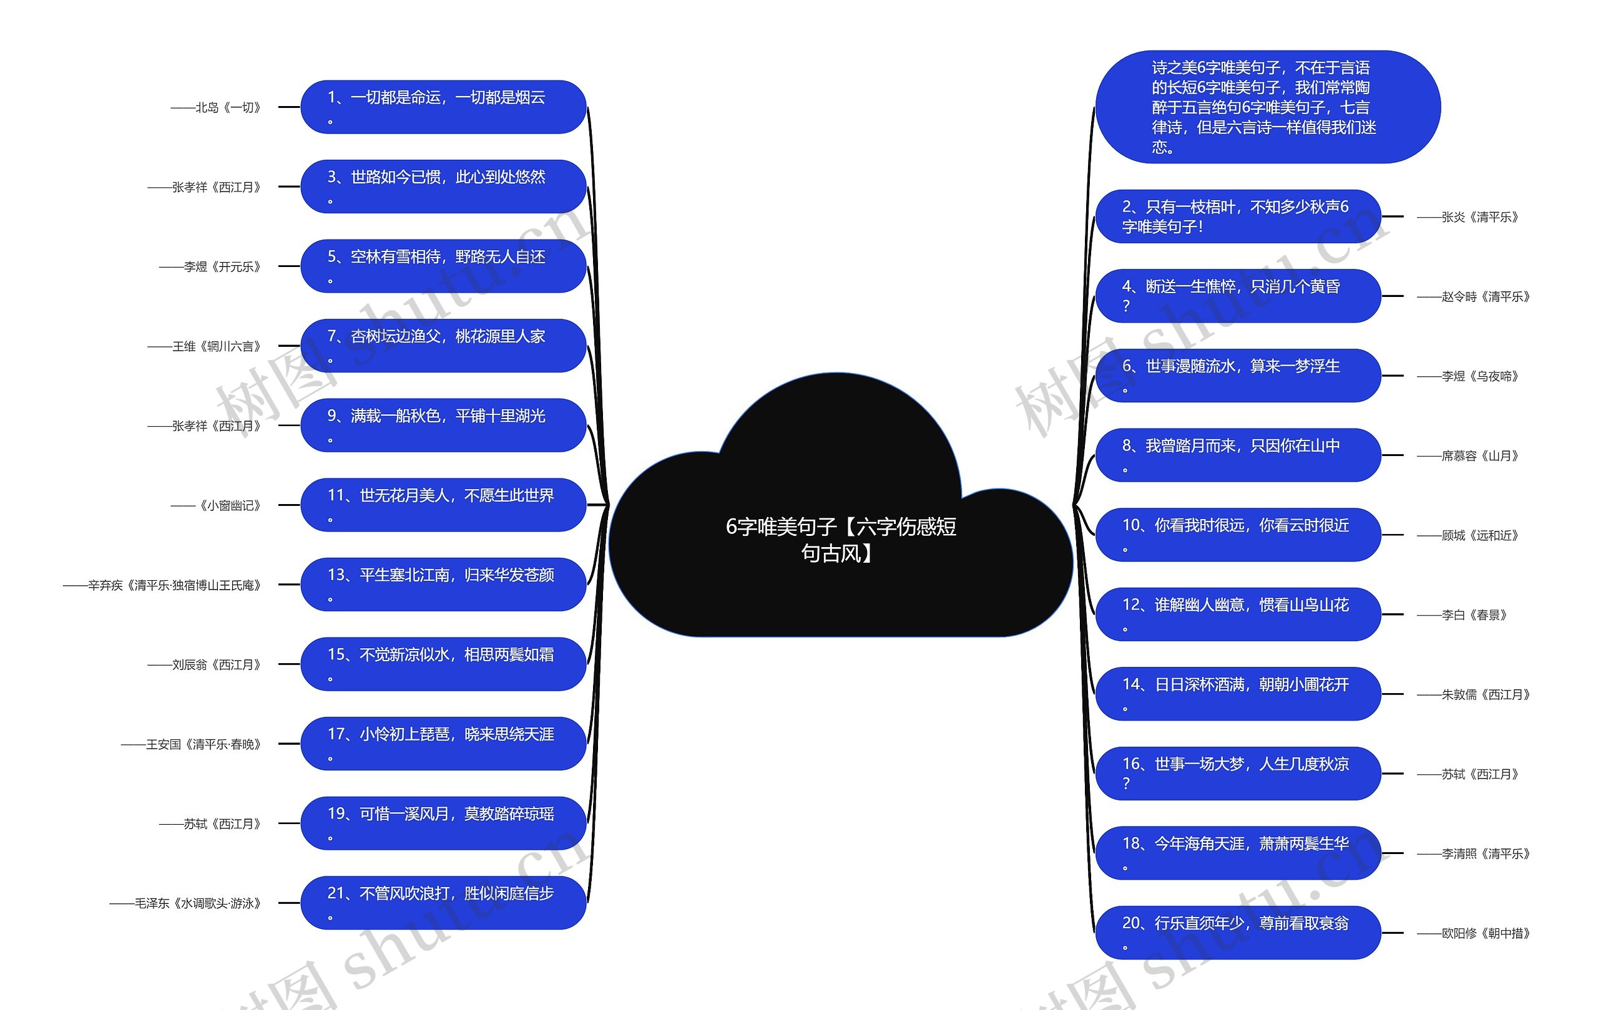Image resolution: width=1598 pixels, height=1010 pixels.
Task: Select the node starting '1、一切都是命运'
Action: click(x=443, y=107)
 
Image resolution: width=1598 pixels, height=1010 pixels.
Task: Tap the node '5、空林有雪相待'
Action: click(x=443, y=266)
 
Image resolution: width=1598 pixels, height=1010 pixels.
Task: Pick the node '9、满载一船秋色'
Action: click(x=443, y=425)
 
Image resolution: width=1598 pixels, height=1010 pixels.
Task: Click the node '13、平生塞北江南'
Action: click(x=443, y=585)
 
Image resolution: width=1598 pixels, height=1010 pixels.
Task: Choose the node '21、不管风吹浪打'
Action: click(x=443, y=903)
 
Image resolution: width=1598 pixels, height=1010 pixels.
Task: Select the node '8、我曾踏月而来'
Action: click(x=1238, y=455)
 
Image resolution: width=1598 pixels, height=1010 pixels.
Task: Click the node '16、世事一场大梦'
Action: click(x=1238, y=773)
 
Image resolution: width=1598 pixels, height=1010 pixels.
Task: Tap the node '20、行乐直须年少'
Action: click(x=1238, y=933)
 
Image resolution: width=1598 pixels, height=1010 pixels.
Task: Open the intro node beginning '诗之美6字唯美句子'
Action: click(x=1267, y=107)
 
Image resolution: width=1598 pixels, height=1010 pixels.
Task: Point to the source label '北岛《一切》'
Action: click(x=217, y=107)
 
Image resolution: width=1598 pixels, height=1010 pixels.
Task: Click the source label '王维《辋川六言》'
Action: click(x=204, y=346)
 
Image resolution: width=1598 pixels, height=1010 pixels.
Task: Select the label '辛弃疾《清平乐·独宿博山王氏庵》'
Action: click(x=162, y=585)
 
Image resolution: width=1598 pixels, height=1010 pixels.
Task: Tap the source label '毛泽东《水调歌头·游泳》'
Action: click(x=186, y=903)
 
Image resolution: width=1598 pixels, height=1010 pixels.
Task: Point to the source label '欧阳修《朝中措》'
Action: click(x=1473, y=933)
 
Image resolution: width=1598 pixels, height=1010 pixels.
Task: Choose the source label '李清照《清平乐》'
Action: click(x=1473, y=853)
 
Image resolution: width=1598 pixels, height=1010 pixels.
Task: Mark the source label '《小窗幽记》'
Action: click(x=217, y=505)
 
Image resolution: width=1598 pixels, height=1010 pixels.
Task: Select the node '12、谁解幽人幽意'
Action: click(x=1238, y=614)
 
